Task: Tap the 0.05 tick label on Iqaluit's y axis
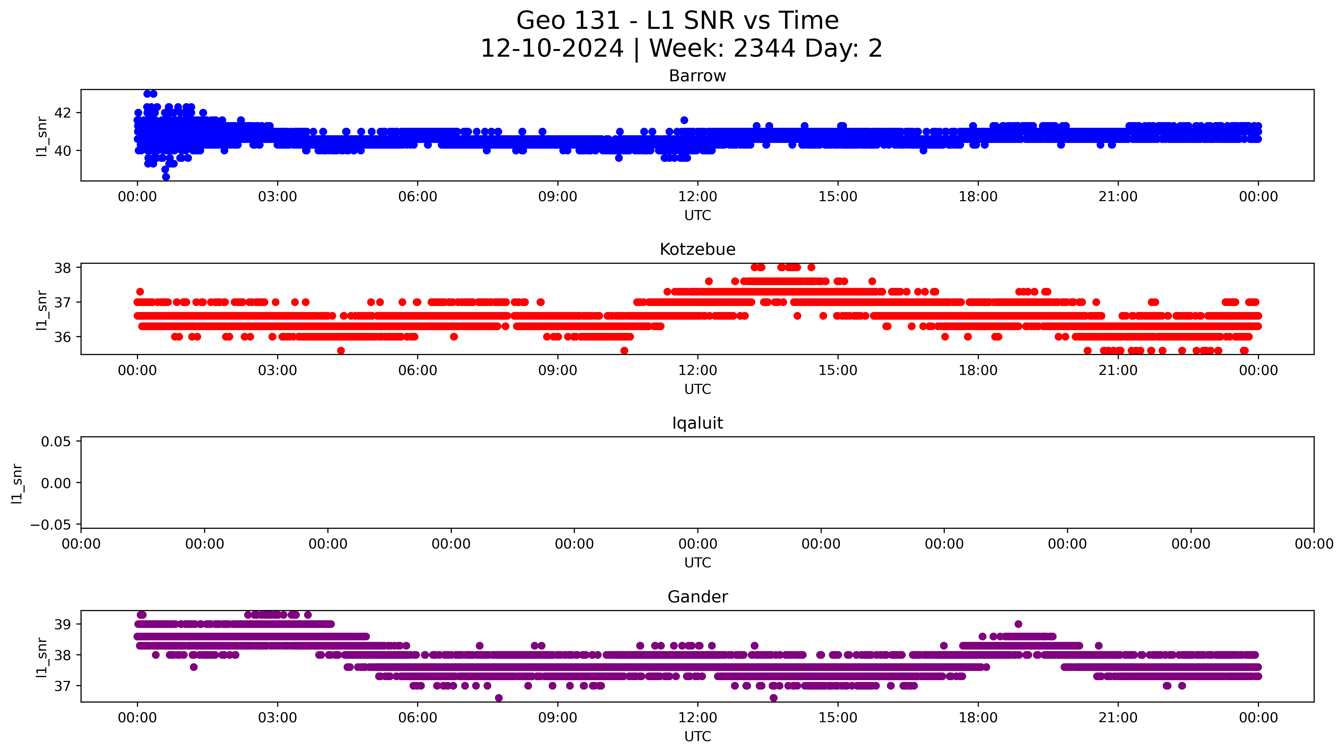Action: [x=56, y=442]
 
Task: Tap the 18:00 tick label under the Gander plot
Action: [x=978, y=718]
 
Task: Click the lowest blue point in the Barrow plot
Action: [x=166, y=177]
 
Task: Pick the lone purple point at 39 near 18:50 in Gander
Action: [x=1018, y=624]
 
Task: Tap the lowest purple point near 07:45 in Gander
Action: [x=499, y=698]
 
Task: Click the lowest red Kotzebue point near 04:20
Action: [x=341, y=351]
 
